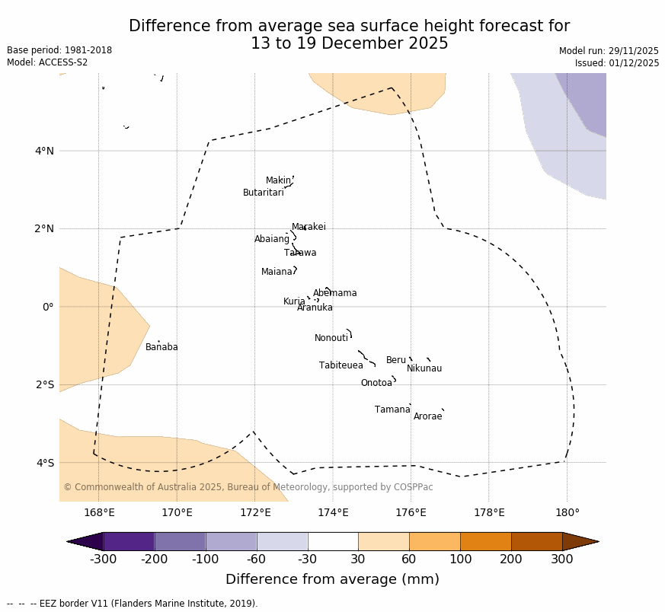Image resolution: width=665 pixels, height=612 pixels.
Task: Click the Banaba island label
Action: pos(161,347)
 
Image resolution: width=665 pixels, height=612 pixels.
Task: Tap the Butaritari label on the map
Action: pos(263,193)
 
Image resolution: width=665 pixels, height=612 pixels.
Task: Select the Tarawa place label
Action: pos(300,253)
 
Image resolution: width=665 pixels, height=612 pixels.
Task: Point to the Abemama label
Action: pos(334,293)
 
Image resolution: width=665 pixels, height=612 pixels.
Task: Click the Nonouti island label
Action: pos(331,338)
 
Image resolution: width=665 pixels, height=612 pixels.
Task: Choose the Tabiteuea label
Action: pos(340,365)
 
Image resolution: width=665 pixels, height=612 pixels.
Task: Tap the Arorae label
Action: pos(427,416)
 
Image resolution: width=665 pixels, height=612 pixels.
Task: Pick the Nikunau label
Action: pos(424,368)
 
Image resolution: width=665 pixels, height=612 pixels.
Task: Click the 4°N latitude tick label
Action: pos(44,151)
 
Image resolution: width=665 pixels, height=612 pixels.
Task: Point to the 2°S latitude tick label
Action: pos(44,384)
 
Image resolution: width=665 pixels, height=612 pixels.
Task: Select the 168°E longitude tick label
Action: pos(99,512)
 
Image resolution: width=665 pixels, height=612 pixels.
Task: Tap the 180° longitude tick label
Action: pos(567,512)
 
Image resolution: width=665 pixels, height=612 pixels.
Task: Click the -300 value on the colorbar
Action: pos(103,560)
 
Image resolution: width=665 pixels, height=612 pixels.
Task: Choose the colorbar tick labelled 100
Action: pos(460,560)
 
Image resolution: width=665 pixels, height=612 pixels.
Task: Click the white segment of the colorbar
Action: pos(333,541)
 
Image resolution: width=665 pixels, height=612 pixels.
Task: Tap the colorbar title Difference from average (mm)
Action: pos(332,579)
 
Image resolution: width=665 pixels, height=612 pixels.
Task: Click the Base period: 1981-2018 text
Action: pos(59,50)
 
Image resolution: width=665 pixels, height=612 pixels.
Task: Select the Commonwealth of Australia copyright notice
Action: pos(248,487)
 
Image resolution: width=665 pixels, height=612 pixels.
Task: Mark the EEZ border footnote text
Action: pos(133,604)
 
